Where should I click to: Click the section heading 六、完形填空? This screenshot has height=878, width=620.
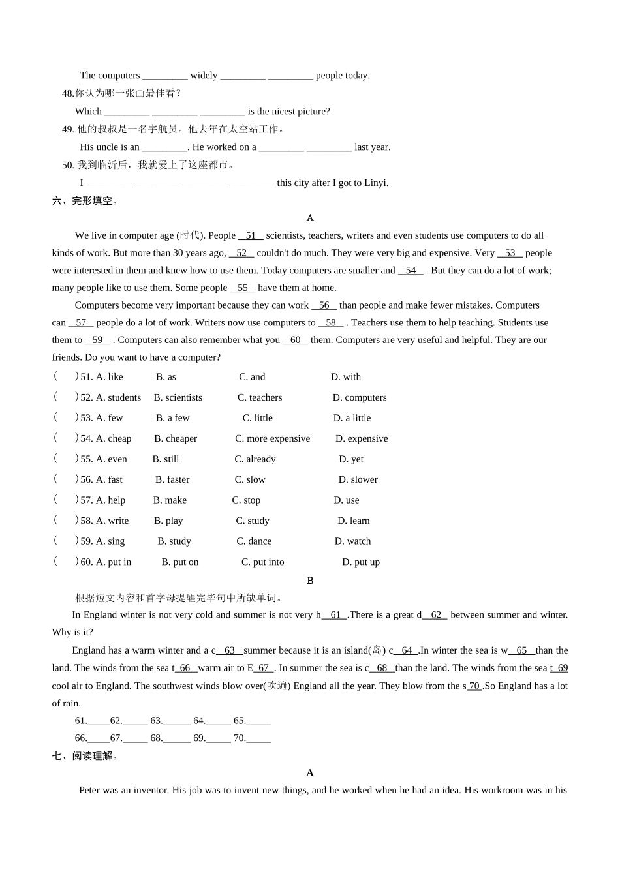pyautogui.click(x=85, y=201)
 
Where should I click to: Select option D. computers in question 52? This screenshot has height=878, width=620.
pyautogui.click(x=359, y=397)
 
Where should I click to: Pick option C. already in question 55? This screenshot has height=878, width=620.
pyautogui.click(x=255, y=459)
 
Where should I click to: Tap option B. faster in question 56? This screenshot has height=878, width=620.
pyautogui.click(x=172, y=479)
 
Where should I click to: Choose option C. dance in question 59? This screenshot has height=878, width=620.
pyautogui.click(x=254, y=541)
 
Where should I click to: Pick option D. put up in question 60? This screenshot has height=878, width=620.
pyautogui.click(x=361, y=562)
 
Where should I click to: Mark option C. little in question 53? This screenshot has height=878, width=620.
pyautogui.click(x=257, y=418)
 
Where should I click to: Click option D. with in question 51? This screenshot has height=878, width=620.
pyautogui.click(x=345, y=377)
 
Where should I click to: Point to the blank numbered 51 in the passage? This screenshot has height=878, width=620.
pyautogui.click(x=251, y=235)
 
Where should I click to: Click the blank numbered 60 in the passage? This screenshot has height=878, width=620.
pyautogui.click(x=295, y=340)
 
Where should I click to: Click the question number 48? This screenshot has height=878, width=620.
pyautogui.click(x=68, y=93)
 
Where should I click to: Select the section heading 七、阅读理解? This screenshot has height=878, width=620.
pyautogui.click(x=85, y=756)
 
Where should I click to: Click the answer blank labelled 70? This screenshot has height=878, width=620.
pyautogui.click(x=258, y=738)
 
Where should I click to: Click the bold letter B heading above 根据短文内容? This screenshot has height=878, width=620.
pyautogui.click(x=310, y=581)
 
